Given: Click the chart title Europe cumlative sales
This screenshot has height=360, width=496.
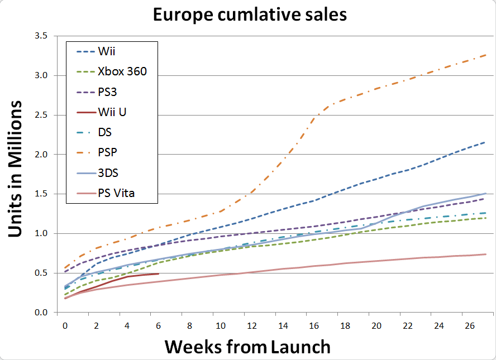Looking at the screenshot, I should [250, 15].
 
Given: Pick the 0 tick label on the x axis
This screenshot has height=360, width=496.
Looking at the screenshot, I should [65, 324].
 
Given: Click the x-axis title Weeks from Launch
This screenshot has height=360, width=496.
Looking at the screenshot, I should [247, 347].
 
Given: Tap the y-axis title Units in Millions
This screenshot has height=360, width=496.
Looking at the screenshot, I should [16, 169].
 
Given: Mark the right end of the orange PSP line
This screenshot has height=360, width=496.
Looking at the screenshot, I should [485, 55].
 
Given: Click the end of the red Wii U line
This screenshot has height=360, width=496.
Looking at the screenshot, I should [159, 273].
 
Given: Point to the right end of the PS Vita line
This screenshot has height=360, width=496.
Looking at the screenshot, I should [485, 254].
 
